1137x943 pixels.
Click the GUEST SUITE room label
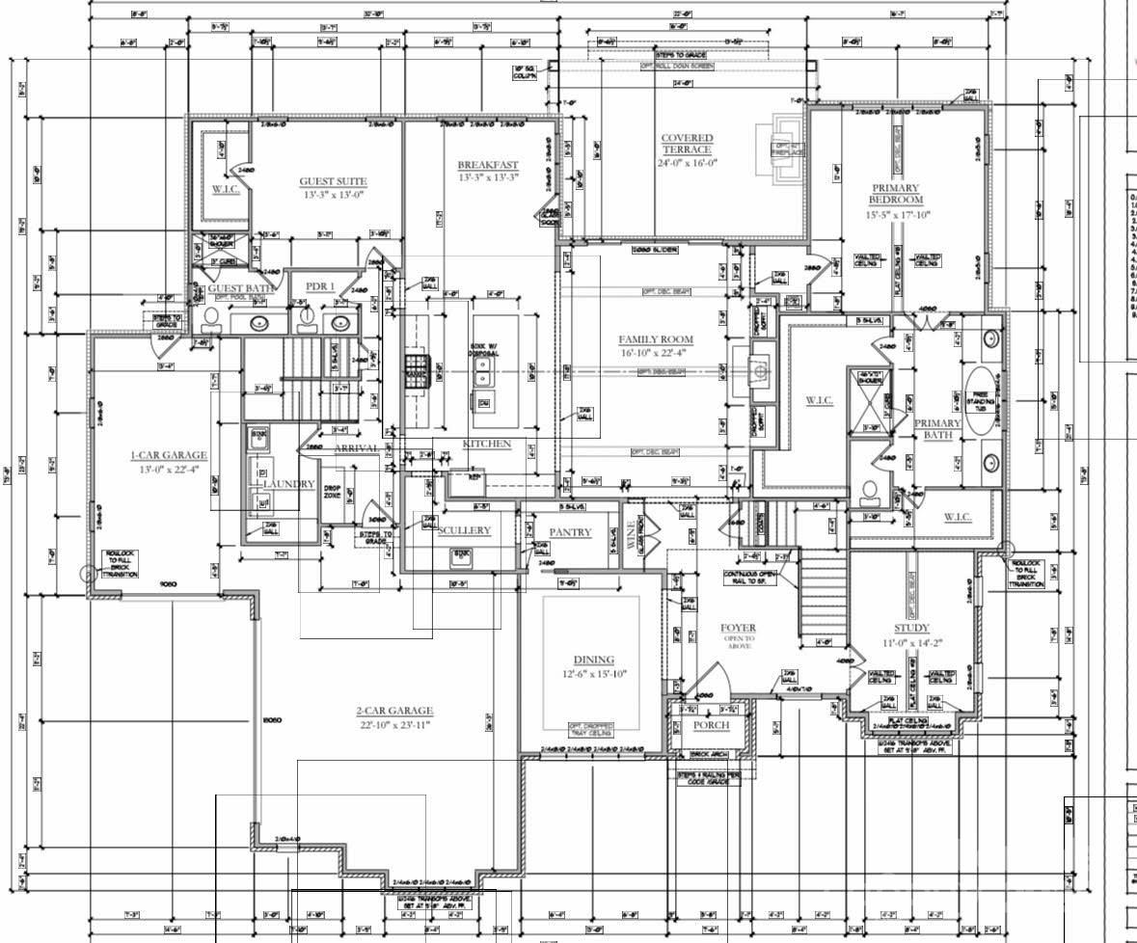[x=333, y=181]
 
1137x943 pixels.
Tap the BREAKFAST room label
[x=488, y=166]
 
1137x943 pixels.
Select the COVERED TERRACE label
[x=687, y=144]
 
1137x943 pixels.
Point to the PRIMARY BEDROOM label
[x=896, y=194]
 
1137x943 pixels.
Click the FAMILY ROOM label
[x=657, y=339]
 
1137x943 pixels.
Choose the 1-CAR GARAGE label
[x=170, y=455]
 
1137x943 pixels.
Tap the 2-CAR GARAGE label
[x=396, y=711]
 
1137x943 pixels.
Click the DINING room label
[x=594, y=660]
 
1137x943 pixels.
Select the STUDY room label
[x=911, y=628]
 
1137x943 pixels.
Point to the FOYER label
[x=739, y=629]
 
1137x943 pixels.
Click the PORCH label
[x=712, y=725]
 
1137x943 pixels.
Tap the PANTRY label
[x=570, y=532]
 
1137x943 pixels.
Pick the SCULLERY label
[x=464, y=530]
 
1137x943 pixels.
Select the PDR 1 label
[x=320, y=286]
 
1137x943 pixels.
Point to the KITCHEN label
[x=487, y=444]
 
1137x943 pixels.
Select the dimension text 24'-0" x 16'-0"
[x=687, y=163]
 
